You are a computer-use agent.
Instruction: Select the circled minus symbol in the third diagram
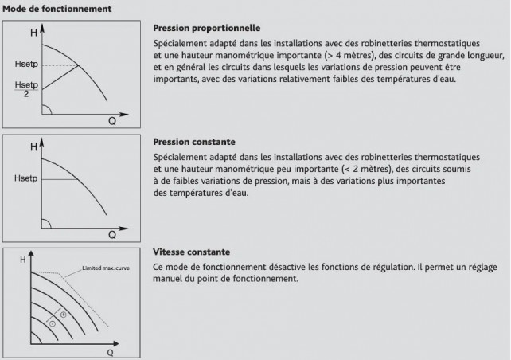[x=52, y=324]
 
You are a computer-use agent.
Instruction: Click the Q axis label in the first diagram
[x=112, y=121]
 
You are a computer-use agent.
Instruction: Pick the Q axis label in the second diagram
[x=112, y=235]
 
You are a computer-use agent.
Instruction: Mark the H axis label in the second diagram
[x=33, y=147]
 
